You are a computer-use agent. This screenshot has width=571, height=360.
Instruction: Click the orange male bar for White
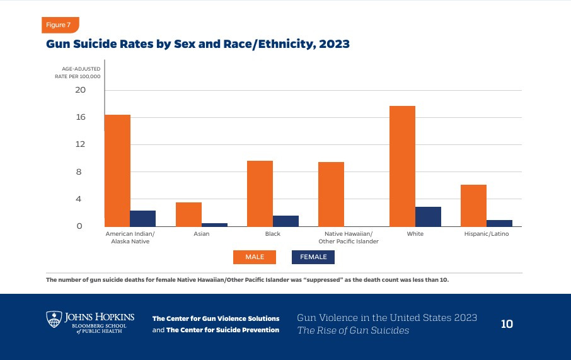402,166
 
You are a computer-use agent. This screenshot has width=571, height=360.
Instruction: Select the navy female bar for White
428,216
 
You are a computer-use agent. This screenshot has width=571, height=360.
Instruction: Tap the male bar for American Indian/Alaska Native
117,170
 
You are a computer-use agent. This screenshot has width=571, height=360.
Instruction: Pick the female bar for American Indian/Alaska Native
142,218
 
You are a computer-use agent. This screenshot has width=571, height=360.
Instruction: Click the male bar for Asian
188,214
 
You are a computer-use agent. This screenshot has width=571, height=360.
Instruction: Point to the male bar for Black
260,194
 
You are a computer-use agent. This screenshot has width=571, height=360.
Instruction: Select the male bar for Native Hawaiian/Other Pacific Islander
331,194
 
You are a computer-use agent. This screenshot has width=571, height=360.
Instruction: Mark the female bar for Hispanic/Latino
499,223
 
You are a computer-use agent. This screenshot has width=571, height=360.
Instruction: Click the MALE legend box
254,257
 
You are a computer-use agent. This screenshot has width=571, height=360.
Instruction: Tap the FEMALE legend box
313,257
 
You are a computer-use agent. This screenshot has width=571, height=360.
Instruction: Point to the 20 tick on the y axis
81,90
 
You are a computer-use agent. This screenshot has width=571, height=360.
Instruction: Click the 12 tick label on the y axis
81,144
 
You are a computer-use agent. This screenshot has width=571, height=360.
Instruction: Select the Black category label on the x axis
272,234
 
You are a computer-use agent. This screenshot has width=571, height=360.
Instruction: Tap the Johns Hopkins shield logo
54,318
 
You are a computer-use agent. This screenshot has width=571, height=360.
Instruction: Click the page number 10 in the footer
507,324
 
